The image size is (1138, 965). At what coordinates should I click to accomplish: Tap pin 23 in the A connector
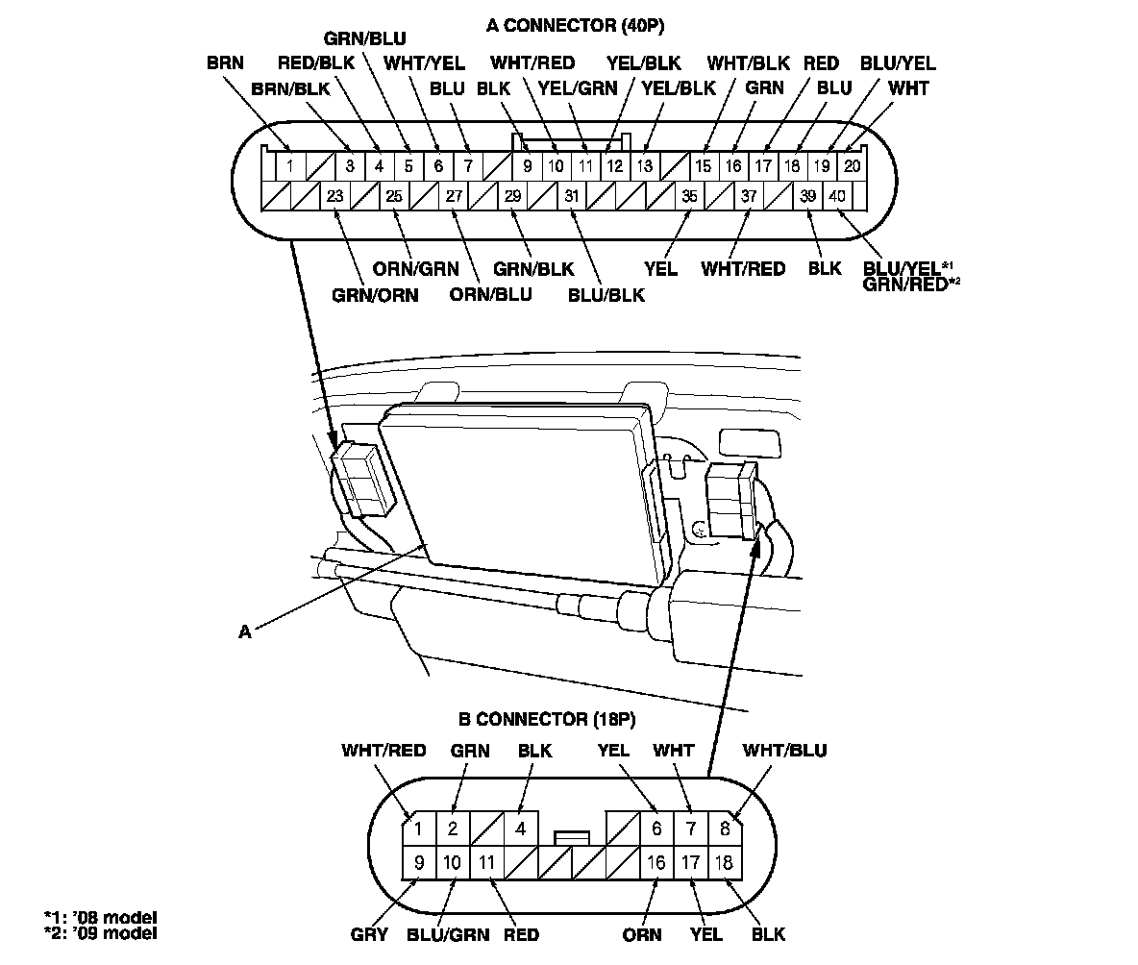tap(335, 196)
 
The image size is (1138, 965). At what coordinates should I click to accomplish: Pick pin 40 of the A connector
tap(837, 196)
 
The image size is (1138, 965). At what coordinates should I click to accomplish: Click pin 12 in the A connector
tap(613, 165)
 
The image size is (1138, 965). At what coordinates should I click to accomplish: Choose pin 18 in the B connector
tap(724, 862)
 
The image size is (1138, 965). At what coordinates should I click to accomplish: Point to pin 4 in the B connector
tap(521, 828)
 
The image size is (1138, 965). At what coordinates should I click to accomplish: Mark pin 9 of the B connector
tap(419, 862)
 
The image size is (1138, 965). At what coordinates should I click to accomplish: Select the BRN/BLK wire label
tap(287, 88)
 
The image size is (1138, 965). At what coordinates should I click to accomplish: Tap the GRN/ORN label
tap(375, 295)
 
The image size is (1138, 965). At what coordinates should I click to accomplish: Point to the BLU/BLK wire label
tap(606, 295)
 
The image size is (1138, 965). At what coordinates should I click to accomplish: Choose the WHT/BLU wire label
tap(785, 750)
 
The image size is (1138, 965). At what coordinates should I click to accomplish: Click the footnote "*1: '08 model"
tap(100, 916)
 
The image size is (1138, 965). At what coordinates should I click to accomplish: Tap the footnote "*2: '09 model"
tap(100, 932)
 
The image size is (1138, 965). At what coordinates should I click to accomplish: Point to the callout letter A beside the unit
tap(246, 631)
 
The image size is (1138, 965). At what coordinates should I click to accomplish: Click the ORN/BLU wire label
tap(490, 293)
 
